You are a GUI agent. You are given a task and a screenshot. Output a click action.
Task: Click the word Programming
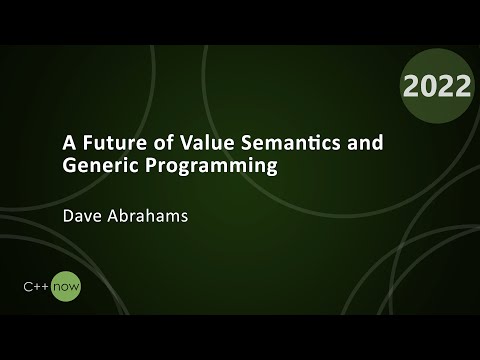tap(218, 167)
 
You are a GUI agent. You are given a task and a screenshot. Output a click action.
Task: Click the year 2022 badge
tap(437, 87)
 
